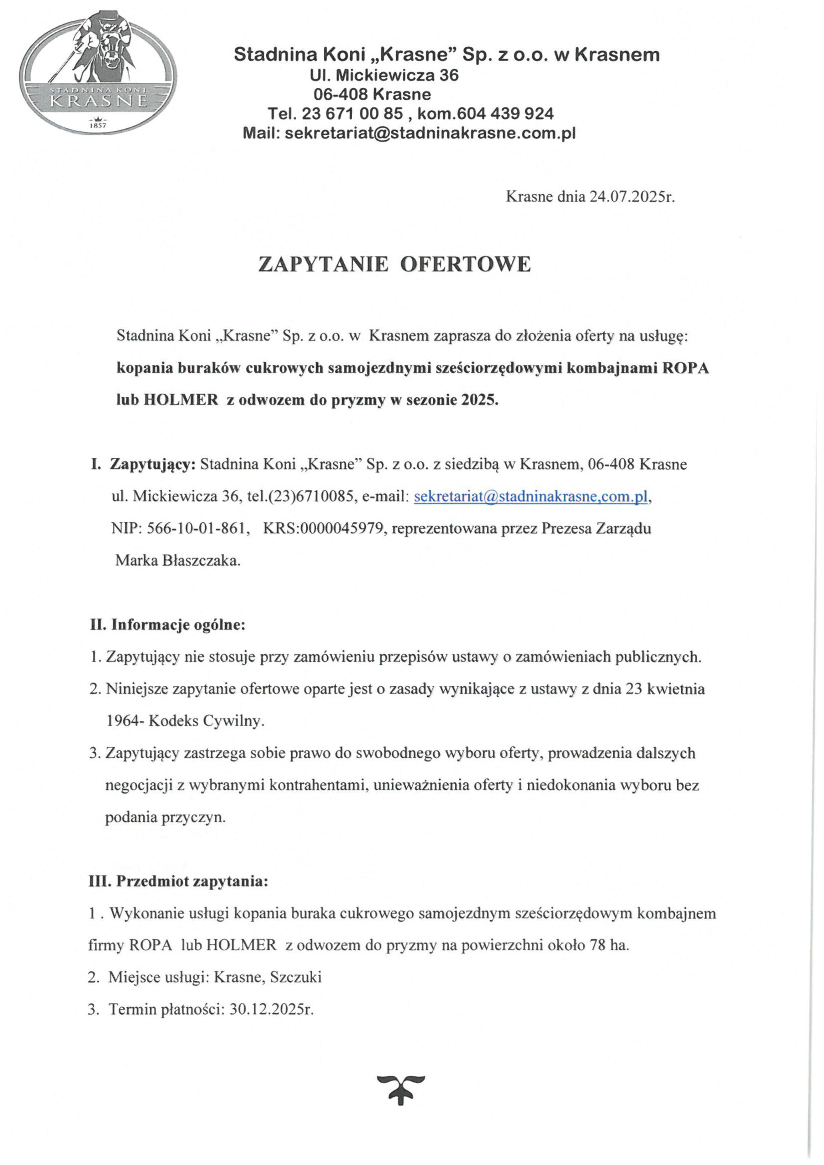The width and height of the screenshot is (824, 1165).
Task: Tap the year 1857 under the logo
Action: point(98,125)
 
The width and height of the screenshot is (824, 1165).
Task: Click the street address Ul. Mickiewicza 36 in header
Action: point(384,75)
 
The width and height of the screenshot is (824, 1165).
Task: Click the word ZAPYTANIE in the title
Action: point(323,264)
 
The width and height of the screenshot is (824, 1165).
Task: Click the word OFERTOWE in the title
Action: point(465,264)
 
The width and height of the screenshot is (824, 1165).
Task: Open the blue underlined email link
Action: point(531,497)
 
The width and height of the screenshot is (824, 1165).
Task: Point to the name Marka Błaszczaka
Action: point(177,561)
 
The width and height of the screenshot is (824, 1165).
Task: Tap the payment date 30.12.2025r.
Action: point(272,1010)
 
